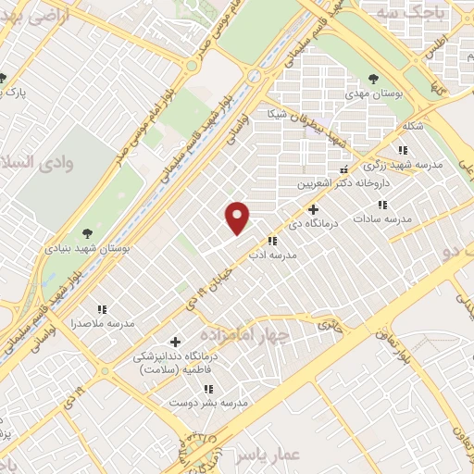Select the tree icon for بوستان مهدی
coord(373,79)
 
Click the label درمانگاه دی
coord(325,223)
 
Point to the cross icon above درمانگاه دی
coord(314,209)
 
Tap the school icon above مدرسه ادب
coord(273,241)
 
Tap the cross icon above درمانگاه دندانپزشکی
coord(175,342)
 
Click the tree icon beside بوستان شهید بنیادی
coord(87,233)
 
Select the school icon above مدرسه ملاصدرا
coord(102,308)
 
